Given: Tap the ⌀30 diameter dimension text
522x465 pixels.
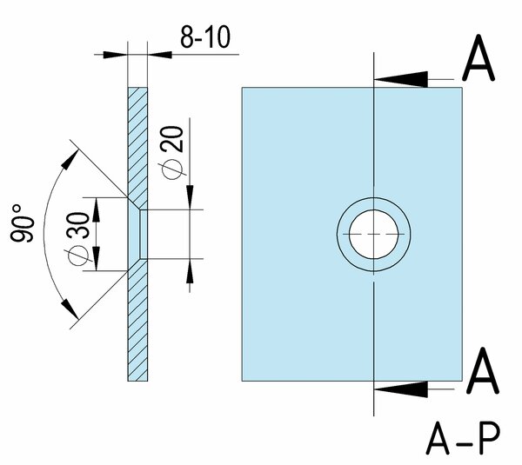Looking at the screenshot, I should coord(77,236).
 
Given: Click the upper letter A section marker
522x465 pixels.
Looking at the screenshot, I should coord(481,60).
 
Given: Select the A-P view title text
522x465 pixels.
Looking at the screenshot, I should coord(465,440).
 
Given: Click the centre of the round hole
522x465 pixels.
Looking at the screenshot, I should coord(373,235).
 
